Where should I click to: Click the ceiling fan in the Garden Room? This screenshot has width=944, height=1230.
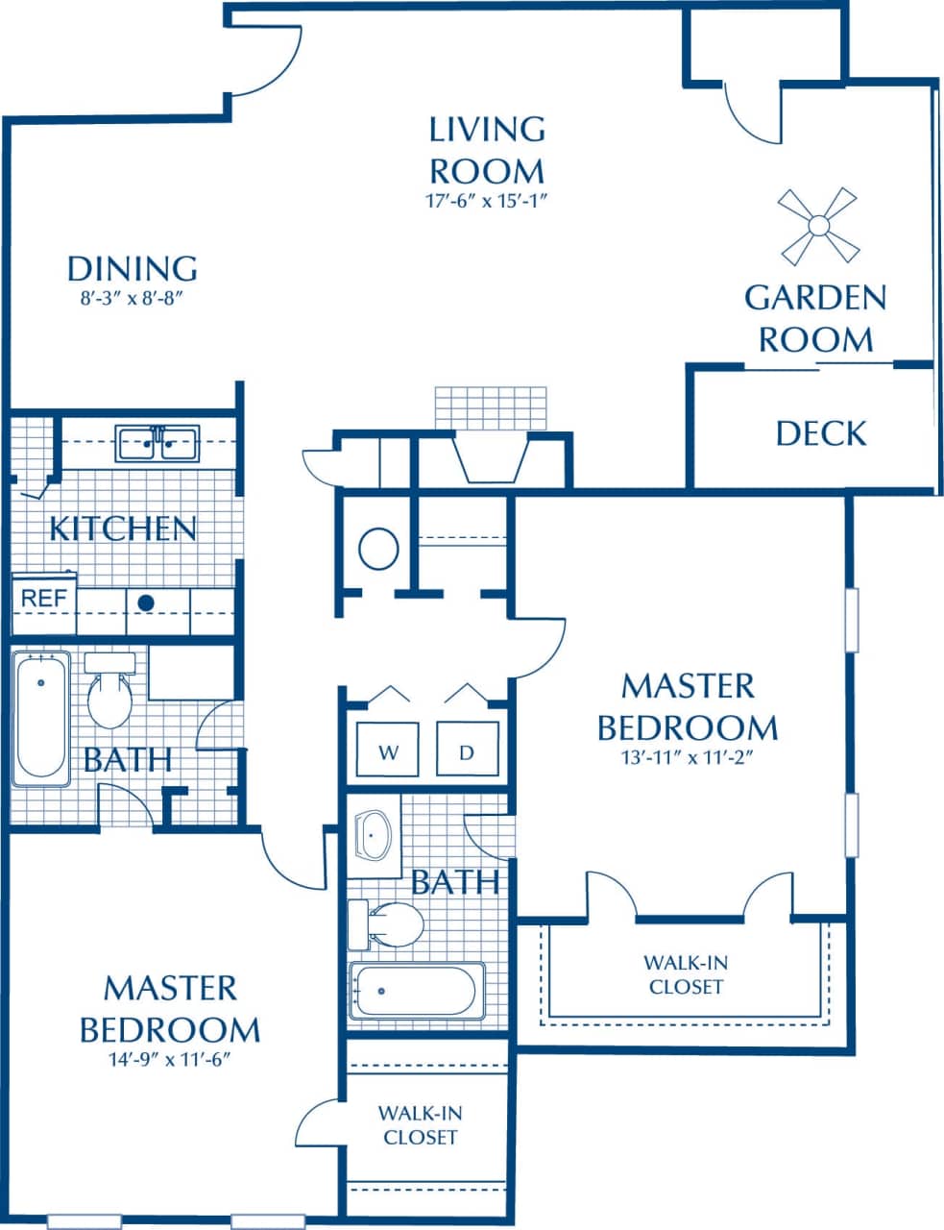[x=817, y=226]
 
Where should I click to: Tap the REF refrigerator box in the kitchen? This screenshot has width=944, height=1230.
[x=44, y=598]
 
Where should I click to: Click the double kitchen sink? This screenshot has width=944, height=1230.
[x=157, y=445]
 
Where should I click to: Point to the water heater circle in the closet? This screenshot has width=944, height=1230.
[x=378, y=549]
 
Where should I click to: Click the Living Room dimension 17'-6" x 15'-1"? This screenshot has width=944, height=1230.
[x=487, y=201]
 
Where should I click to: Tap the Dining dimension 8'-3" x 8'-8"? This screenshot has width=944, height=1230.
[x=132, y=299]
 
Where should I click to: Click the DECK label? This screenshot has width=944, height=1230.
[x=821, y=433]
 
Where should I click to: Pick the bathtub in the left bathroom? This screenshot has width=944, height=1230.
[x=41, y=717]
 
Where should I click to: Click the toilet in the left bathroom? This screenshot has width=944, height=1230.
[x=108, y=697]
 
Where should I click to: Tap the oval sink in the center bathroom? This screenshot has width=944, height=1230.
[x=374, y=834]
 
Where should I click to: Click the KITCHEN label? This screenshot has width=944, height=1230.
[x=123, y=529]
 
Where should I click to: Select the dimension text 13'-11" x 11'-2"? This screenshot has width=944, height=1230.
[x=687, y=755]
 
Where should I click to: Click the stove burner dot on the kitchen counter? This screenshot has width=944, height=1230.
[x=146, y=603]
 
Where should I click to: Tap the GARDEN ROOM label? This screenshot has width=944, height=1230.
[x=815, y=318]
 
